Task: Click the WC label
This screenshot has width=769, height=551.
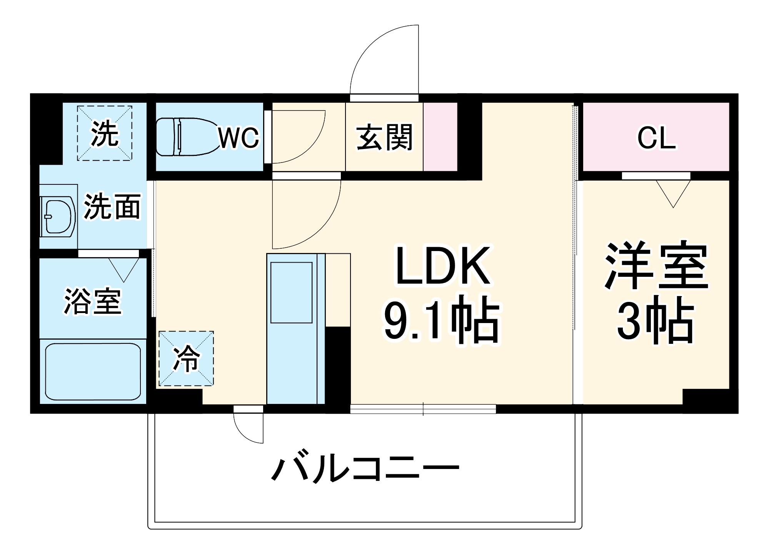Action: coord(239,137)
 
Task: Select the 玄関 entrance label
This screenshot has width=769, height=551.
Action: coord(384,137)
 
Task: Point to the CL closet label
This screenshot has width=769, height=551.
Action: coord(656,138)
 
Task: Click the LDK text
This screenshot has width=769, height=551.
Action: coord(443,266)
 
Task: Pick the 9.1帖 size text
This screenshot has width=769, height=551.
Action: coord(442,320)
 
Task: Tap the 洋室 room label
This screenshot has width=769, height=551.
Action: coord(656,266)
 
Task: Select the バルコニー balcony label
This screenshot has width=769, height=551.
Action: coord(365,469)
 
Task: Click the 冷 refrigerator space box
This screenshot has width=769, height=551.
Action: coord(186,358)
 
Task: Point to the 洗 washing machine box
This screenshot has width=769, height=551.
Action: coord(105,133)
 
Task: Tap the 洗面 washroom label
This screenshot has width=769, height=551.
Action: coord(112,207)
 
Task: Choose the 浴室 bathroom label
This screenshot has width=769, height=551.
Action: coord(93,301)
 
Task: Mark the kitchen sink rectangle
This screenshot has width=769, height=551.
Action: coord(291,293)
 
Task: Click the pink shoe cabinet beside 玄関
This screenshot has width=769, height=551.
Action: coord(440,137)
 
